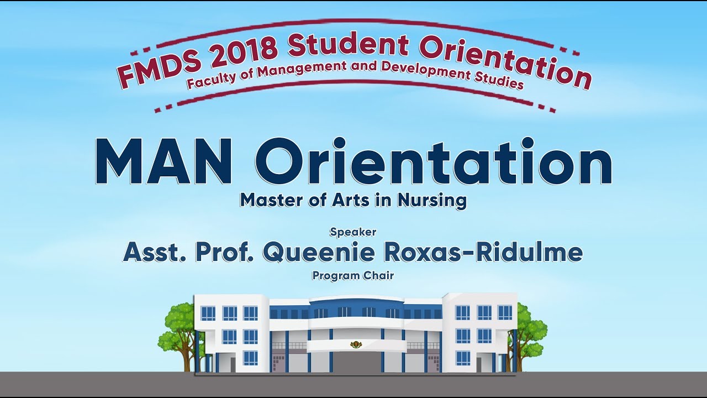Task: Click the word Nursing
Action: click(x=432, y=201)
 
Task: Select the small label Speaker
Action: click(x=353, y=232)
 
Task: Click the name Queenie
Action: click(x=319, y=253)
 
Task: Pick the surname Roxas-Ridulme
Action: click(x=483, y=253)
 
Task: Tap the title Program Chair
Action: click(x=353, y=276)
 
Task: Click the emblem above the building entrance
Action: click(x=357, y=344)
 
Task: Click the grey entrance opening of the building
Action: click(x=356, y=362)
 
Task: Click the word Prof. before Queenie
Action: click(x=224, y=253)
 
